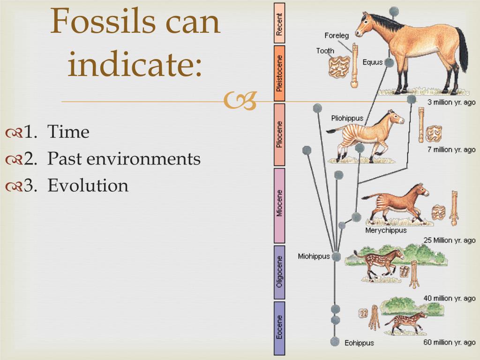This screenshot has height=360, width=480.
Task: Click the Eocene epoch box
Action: click(279, 328)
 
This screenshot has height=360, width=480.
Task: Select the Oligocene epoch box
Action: click(279, 272)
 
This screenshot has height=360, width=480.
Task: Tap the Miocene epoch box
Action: click(279, 205)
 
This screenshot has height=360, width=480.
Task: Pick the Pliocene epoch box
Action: click(279, 135)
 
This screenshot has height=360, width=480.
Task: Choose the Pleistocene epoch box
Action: click(279, 74)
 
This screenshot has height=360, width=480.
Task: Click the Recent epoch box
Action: click(279, 23)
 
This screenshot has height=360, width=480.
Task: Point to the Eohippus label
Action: click(359, 343)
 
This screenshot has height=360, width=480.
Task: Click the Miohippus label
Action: click(314, 256)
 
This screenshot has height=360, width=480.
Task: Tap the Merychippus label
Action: click(386, 230)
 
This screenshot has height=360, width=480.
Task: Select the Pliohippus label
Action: click(347, 118)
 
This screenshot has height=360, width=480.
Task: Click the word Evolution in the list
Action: click(88, 186)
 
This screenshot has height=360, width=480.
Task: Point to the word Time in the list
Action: click(68, 132)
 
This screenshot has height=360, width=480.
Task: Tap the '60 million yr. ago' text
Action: click(450, 343)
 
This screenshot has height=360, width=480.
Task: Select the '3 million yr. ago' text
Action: click(451, 102)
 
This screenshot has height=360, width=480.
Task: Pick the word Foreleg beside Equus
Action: click(337, 36)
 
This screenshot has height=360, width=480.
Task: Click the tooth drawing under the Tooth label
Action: click(338, 67)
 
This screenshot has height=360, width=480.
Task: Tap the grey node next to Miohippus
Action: click(336, 256)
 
